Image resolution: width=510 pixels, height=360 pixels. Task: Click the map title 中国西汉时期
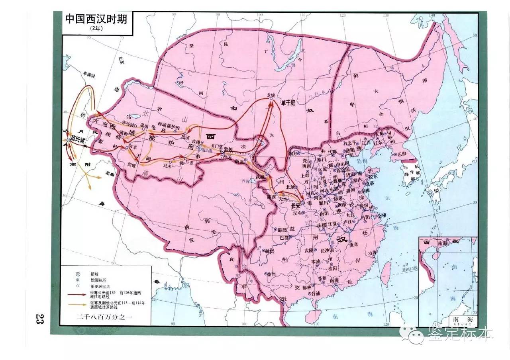(96, 19)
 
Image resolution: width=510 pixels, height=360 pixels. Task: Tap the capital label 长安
(296, 206)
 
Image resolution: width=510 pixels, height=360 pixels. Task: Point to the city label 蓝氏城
(78, 140)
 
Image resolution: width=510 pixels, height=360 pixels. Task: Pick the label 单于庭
(288, 103)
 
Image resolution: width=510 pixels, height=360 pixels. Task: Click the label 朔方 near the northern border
(295, 153)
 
